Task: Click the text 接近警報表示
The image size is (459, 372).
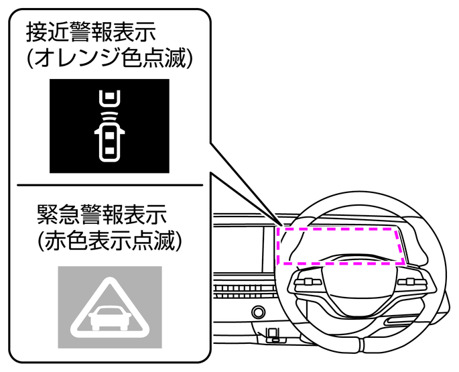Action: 99,32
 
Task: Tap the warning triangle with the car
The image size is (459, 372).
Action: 110,308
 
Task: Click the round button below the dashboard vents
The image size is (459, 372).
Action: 257,312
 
